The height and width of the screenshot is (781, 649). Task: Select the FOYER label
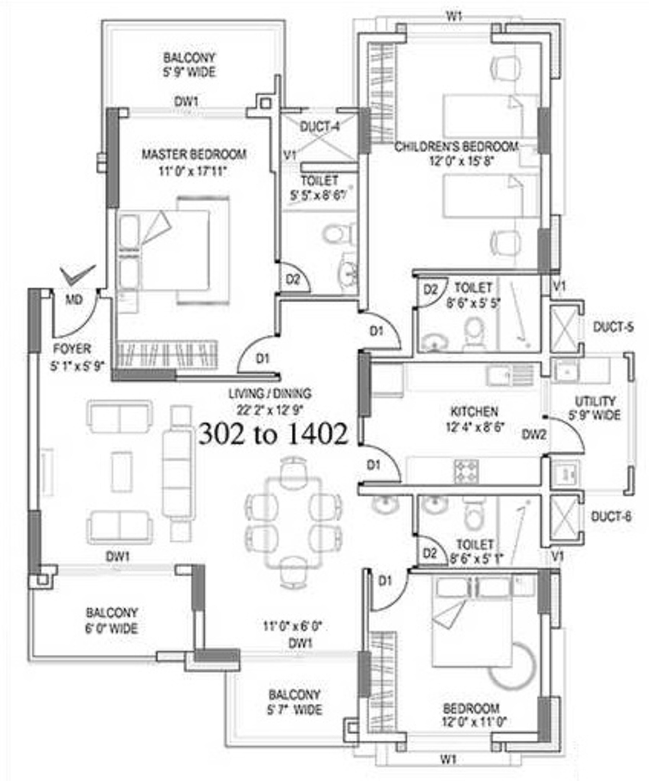click(72, 349)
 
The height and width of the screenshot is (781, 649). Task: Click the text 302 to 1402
click(273, 434)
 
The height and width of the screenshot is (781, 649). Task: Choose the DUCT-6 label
click(611, 517)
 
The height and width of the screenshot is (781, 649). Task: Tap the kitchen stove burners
click(466, 471)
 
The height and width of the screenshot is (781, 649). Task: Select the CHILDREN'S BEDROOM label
click(456, 147)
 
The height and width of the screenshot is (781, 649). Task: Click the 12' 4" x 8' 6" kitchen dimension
click(475, 427)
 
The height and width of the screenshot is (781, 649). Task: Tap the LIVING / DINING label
click(270, 393)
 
